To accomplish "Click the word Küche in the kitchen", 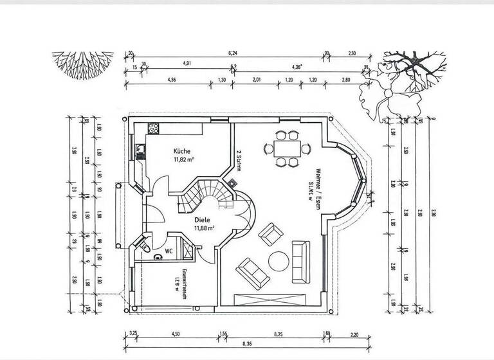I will [x=181, y=152].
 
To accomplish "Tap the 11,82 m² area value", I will [x=184, y=160].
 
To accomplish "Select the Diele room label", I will [x=202, y=219].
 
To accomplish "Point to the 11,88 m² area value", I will [x=204, y=227].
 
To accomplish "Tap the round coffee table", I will [x=279, y=260].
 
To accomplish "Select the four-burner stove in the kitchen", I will [x=154, y=127].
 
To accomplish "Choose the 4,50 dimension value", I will [x=174, y=334].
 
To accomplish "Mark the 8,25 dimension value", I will [x=279, y=334].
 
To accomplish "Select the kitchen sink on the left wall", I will [x=140, y=152].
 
